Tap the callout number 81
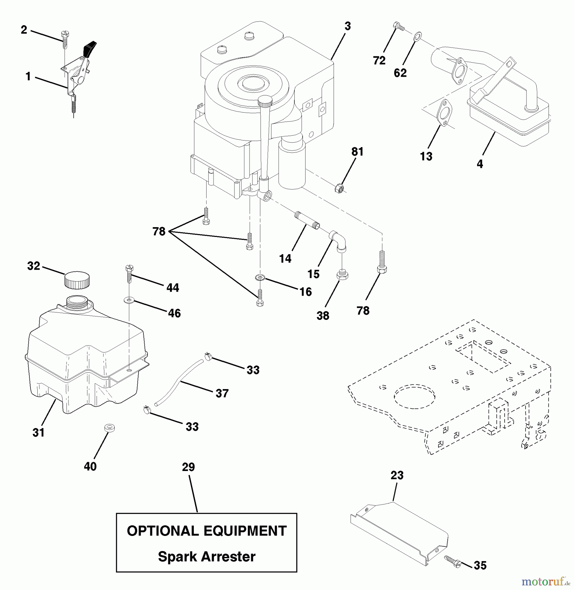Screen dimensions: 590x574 pyautogui.click(x=357, y=152)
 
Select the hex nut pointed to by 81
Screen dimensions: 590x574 pyautogui.click(x=339, y=188)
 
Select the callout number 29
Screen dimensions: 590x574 pyautogui.click(x=188, y=467)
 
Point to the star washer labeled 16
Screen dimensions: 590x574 pyautogui.click(x=260, y=278)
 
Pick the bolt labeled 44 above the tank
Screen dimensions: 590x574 pyautogui.click(x=129, y=274)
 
